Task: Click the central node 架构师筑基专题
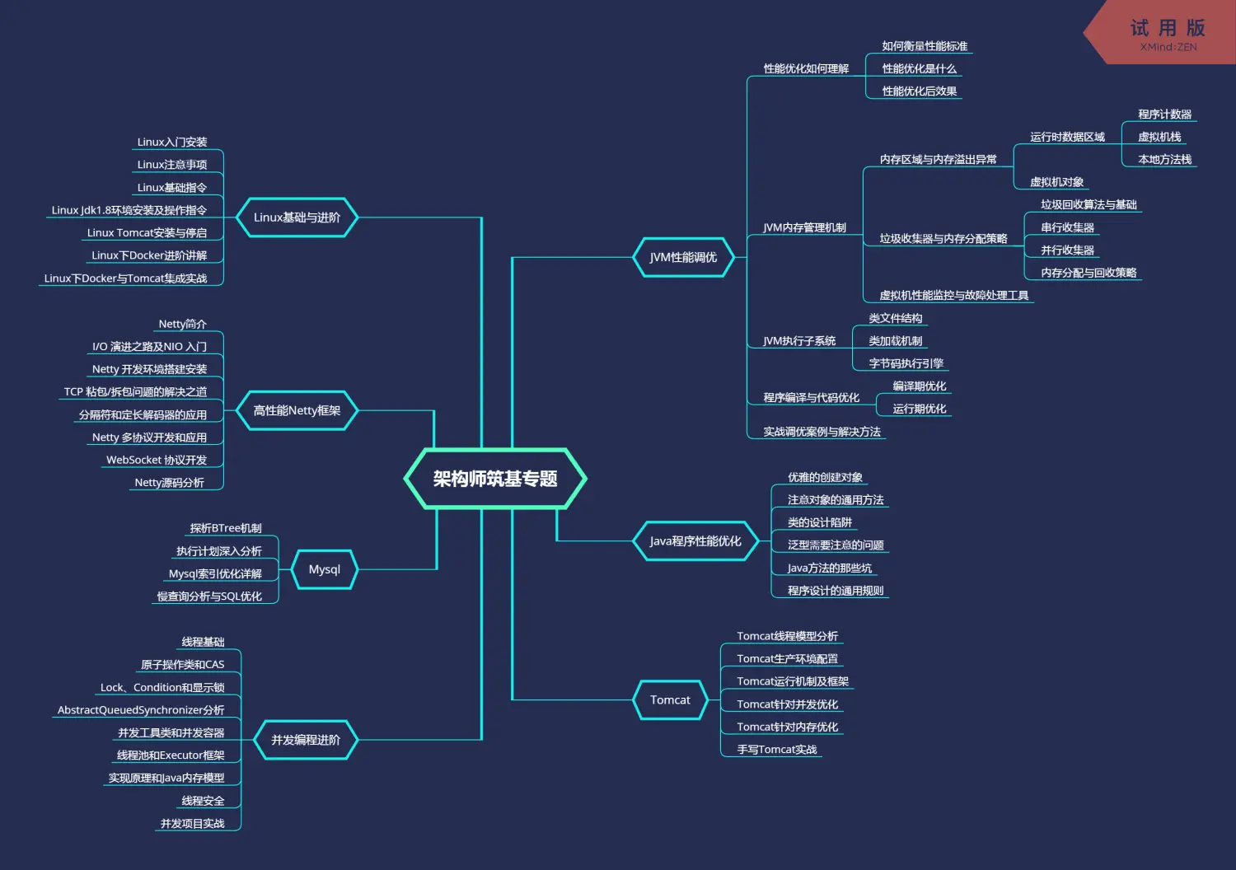click(x=495, y=479)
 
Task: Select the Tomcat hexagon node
click(x=670, y=700)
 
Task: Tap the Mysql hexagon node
click(x=324, y=569)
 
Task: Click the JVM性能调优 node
click(x=683, y=257)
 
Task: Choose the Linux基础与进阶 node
click(x=297, y=217)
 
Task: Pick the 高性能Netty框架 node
click(x=297, y=410)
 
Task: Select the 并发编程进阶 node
click(x=306, y=740)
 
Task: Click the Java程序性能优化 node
click(x=695, y=541)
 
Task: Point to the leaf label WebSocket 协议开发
click(x=157, y=460)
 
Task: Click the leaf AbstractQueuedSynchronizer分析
click(x=141, y=710)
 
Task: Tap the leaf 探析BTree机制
click(x=226, y=528)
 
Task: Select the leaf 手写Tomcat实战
click(x=777, y=750)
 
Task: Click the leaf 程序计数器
click(x=1164, y=115)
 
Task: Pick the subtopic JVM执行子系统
click(x=799, y=341)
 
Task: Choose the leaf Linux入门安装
click(x=172, y=143)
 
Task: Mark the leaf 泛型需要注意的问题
click(x=836, y=545)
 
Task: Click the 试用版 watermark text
click(x=1168, y=29)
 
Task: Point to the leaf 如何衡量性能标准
click(x=925, y=46)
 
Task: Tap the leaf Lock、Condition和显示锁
click(x=162, y=688)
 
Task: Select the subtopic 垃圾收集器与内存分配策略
click(x=943, y=239)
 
